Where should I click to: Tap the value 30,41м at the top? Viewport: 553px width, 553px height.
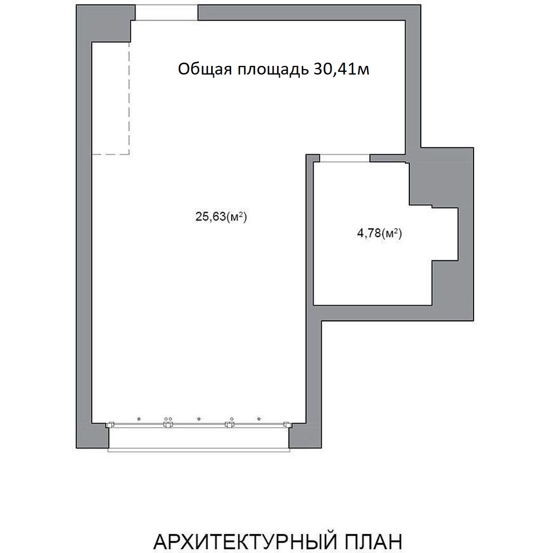coord(341,69)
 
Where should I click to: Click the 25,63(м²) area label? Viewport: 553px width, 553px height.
coord(221,216)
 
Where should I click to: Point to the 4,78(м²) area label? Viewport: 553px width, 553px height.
coord(380,233)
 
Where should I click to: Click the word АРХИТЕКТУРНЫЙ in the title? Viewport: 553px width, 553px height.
coord(244,541)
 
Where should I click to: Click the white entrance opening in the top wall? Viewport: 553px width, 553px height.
coord(167,13)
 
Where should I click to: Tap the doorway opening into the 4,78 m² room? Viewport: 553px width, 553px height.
coord(345,158)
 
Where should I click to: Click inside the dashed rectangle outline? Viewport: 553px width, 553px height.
coord(111,98)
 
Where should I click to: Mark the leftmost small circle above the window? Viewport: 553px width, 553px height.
coord(139,419)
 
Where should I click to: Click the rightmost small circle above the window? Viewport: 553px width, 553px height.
coord(259,419)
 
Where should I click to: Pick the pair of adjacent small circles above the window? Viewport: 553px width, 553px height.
coord(168,419)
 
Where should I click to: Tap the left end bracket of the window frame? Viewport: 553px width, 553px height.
coord(110,424)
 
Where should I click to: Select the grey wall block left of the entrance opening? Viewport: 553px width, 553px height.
coord(106,23)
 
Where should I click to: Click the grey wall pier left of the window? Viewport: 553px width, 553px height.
coord(92,436)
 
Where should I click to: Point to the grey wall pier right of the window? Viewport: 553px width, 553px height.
coord(306,436)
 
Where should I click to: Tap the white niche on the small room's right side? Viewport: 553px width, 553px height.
coord(445,234)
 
